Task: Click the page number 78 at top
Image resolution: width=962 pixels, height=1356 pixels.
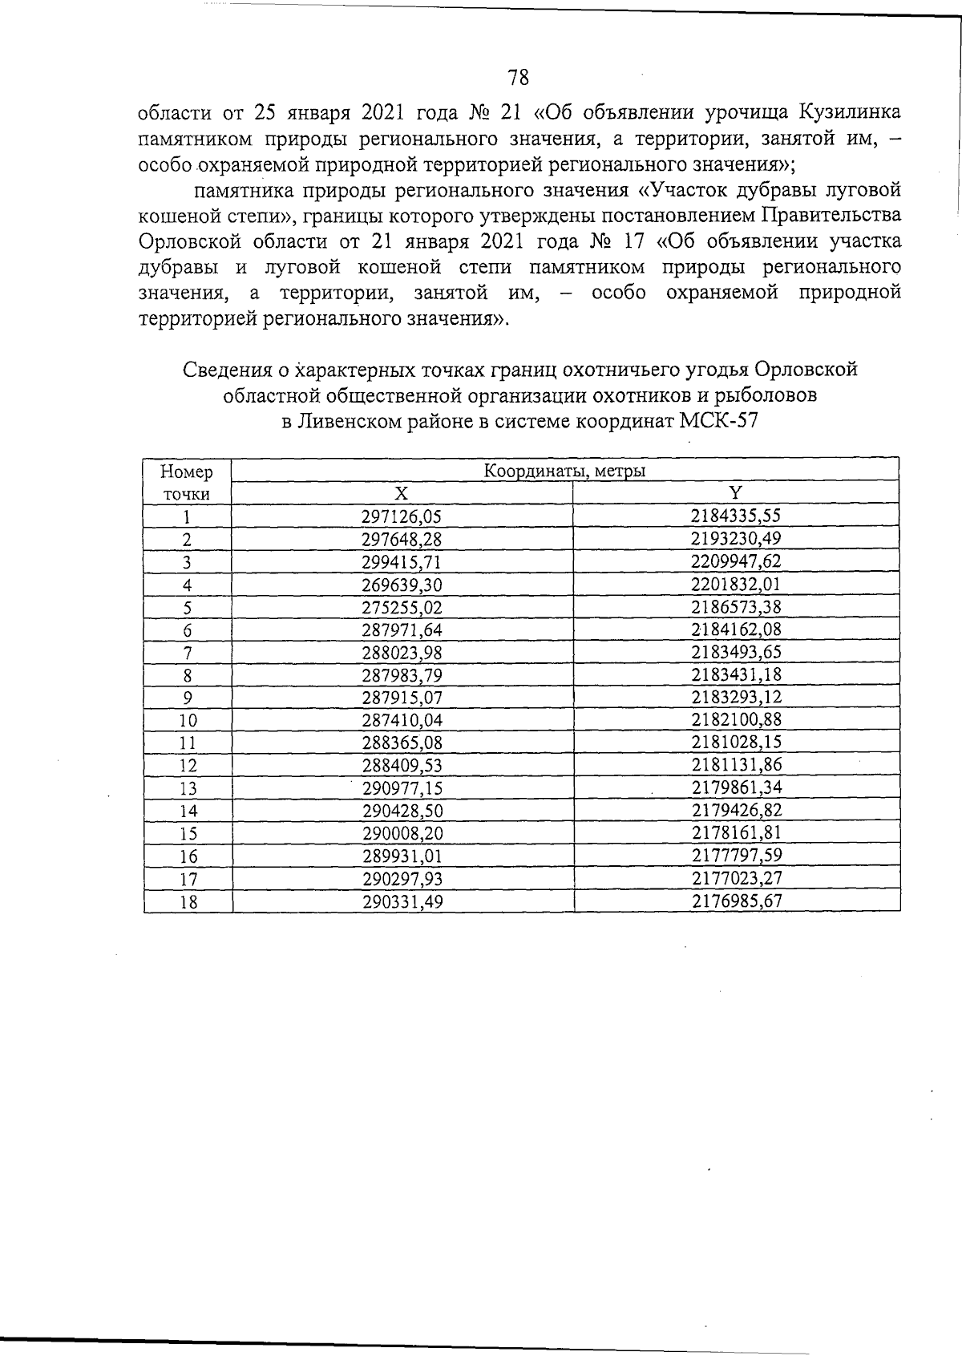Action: (x=518, y=78)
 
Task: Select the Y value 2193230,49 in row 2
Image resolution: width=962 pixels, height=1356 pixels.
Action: (x=736, y=539)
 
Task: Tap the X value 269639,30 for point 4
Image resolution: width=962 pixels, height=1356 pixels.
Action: (x=402, y=585)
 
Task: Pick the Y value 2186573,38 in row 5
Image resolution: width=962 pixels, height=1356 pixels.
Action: (x=736, y=607)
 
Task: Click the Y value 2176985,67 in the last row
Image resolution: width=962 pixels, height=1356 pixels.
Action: (x=737, y=901)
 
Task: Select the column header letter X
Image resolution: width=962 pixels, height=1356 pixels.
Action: (x=402, y=493)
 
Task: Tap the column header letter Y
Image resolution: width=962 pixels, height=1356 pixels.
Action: (x=736, y=492)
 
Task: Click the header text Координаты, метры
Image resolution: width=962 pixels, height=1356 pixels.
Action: (x=564, y=471)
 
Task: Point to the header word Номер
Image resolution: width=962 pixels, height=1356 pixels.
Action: (x=187, y=472)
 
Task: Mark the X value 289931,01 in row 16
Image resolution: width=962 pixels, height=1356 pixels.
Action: (x=402, y=856)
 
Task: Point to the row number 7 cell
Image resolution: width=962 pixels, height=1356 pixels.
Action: (x=188, y=653)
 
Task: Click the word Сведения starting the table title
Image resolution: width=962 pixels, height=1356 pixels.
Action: (x=225, y=370)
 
